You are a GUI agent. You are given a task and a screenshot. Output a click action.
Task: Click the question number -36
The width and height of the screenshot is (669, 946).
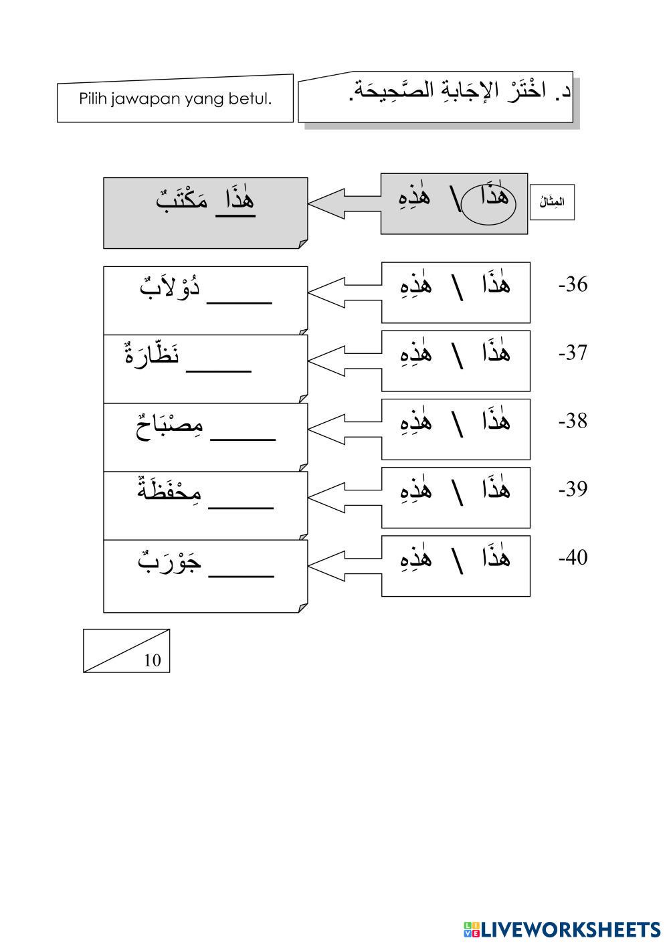pos(573,285)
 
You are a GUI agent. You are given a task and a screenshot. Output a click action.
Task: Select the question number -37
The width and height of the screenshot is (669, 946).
pos(573,353)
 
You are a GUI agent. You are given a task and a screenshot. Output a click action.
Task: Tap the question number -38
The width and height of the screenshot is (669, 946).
pos(573,421)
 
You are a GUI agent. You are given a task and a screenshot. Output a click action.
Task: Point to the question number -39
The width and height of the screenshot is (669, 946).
pos(573,489)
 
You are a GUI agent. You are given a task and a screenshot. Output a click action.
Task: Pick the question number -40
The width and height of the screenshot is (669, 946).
pos(573,557)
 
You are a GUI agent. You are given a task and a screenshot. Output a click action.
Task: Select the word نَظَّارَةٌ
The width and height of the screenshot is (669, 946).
pos(153,354)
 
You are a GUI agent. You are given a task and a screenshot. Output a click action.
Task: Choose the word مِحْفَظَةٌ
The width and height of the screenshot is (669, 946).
pos(170,491)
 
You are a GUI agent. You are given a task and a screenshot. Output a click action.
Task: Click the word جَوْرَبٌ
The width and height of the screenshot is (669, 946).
pos(170,560)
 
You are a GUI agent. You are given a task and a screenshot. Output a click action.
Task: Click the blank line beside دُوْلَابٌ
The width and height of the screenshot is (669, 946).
pos(240,301)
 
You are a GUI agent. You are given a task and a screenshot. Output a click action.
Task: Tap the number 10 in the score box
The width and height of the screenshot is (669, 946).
pos(153,660)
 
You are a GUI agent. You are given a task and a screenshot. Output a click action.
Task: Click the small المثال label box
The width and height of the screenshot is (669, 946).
pos(552,201)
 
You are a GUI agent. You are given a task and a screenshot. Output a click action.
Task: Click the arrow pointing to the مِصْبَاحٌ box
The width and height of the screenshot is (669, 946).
pos(343,428)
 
